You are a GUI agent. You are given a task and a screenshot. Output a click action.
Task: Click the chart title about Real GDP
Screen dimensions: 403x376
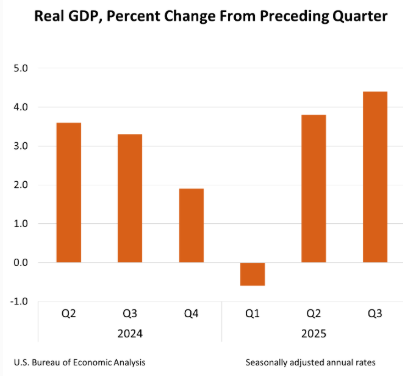(211, 16)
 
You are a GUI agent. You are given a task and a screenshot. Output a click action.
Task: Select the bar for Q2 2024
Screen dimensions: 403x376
(69, 192)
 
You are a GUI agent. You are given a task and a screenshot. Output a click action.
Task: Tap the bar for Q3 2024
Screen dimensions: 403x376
(130, 198)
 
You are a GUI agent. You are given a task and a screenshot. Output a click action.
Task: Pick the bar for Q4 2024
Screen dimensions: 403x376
(191, 225)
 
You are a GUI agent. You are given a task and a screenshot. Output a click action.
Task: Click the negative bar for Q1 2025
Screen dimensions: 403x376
(253, 274)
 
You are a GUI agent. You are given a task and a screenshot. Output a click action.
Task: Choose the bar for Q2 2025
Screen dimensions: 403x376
(314, 188)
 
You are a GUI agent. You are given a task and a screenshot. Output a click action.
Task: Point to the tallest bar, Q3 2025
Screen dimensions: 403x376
(375, 177)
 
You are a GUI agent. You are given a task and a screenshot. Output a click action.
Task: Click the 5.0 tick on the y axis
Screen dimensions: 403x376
(21, 68)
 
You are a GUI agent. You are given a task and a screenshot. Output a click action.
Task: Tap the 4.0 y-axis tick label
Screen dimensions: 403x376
(21, 107)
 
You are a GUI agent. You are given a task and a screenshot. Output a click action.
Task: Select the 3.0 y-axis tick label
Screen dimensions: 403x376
(21, 146)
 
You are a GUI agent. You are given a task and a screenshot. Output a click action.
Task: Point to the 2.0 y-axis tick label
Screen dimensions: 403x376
(21, 185)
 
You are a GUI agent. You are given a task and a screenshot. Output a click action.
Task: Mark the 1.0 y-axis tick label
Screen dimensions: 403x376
(21, 223)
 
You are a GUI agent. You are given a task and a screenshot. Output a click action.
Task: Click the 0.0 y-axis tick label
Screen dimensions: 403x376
(21, 262)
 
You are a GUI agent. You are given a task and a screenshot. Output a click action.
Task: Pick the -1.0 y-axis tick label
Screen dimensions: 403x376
(19, 301)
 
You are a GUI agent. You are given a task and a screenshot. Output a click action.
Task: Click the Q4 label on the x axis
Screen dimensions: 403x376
(191, 313)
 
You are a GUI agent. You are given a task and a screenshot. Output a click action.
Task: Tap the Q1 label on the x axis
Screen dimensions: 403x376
(252, 313)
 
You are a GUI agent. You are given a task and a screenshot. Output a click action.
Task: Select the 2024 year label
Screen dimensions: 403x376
(130, 334)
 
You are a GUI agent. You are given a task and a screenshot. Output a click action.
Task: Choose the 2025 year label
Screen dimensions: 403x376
(314, 334)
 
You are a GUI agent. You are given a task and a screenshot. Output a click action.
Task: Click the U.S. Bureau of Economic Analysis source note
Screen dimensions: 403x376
(79, 362)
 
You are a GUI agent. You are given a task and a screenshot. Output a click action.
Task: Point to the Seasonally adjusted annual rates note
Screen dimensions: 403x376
(311, 362)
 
